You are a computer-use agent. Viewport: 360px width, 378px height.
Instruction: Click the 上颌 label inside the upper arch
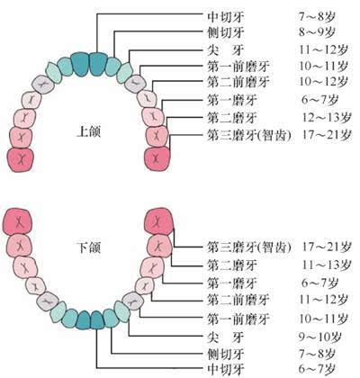click(88, 131)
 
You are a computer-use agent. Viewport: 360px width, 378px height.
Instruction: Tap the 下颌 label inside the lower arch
click(88, 247)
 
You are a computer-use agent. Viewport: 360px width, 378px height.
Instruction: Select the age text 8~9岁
click(317, 32)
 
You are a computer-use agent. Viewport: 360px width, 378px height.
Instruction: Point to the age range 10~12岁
click(324, 82)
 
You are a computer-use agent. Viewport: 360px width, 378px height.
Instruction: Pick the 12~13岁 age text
click(327, 117)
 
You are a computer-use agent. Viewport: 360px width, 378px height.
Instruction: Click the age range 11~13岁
click(327, 265)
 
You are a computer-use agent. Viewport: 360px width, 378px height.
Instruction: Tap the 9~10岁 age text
click(319, 337)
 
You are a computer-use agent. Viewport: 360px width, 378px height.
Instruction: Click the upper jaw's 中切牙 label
click(226, 17)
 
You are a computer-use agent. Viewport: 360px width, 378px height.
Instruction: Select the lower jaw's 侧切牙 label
click(226, 355)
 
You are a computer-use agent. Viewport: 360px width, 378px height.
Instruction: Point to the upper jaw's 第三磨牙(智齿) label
click(249, 135)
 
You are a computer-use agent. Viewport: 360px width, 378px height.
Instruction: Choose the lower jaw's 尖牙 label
click(226, 337)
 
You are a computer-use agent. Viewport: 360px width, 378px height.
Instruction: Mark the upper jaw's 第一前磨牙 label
click(238, 67)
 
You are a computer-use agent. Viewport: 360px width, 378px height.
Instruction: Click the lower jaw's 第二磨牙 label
click(232, 265)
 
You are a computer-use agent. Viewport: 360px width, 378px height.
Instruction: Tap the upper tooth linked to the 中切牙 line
click(99, 65)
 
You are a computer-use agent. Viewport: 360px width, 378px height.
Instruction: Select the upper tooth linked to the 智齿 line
click(157, 158)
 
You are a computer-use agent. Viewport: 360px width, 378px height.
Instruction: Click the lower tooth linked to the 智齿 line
click(158, 221)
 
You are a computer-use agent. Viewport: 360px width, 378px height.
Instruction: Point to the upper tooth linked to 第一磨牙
click(153, 116)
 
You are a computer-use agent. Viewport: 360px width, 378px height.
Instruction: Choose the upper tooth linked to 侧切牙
click(112, 67)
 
